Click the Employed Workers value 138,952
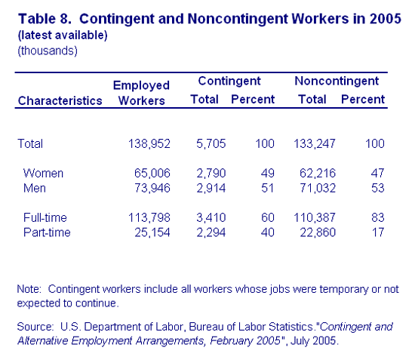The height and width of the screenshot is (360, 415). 149,144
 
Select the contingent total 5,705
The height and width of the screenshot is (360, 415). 211,144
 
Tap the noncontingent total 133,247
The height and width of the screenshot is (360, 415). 315,144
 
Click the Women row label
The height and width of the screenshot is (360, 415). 43,174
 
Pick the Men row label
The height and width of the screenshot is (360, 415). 35,188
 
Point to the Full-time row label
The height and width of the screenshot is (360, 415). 45,217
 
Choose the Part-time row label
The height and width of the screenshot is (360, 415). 47,232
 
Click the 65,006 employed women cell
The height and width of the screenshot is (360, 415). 152,174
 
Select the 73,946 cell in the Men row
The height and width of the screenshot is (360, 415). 152,188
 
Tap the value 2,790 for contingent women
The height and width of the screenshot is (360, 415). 211,174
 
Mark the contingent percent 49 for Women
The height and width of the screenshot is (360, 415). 268,174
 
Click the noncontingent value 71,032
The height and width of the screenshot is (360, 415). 318,188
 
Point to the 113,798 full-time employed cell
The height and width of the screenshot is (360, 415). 149,217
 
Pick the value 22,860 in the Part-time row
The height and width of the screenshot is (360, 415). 318,232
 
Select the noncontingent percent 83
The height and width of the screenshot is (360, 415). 378,217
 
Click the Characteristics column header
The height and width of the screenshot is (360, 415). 60,101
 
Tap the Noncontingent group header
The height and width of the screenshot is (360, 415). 337,82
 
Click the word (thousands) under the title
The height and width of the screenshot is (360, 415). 48,51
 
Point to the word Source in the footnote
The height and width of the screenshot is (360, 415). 35,327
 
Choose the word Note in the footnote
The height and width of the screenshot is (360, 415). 29,289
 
